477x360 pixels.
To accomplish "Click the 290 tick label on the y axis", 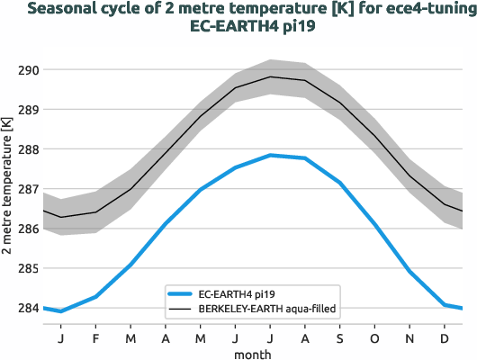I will (28, 70).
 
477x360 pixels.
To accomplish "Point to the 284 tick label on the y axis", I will (28, 309).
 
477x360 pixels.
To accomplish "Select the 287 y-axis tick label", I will (28, 189).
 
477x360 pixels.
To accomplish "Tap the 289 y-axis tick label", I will (28, 110).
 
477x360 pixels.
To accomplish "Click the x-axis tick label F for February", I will (95, 338).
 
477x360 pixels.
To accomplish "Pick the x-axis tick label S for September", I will (339, 338).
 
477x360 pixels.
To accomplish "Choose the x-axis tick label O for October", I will (374, 338).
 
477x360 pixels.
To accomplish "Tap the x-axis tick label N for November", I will (409, 338).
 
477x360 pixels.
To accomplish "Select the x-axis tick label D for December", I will (445, 338).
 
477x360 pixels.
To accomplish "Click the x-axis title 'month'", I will (253, 354).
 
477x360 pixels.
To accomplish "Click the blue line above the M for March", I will (130, 265).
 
